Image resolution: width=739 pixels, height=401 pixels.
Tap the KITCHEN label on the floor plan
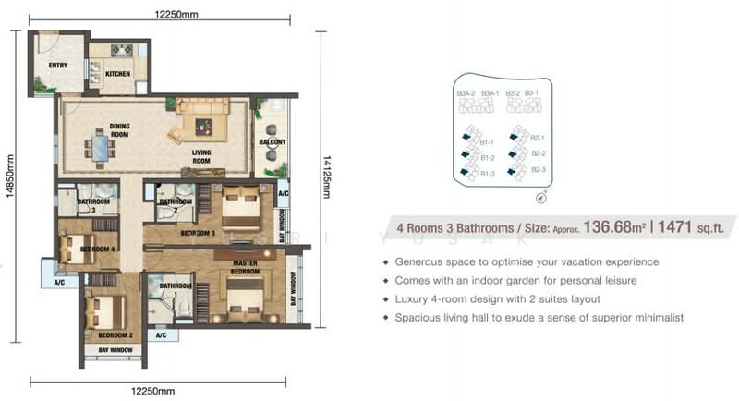(x=118, y=72)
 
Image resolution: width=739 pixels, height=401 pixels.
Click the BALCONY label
(x=273, y=141)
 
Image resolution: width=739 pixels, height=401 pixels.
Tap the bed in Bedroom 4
(x=74, y=249)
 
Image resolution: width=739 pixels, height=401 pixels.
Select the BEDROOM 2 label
(x=103, y=334)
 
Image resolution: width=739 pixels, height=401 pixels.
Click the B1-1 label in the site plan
(x=489, y=142)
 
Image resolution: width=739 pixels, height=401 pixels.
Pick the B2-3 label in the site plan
(x=538, y=169)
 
